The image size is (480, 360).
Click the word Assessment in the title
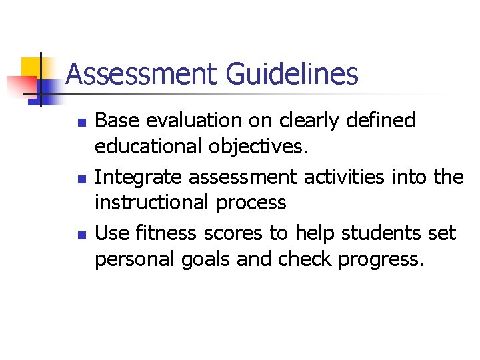coord(142,74)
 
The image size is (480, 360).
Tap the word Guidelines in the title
coord(292,74)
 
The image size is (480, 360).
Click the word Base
coord(117,121)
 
